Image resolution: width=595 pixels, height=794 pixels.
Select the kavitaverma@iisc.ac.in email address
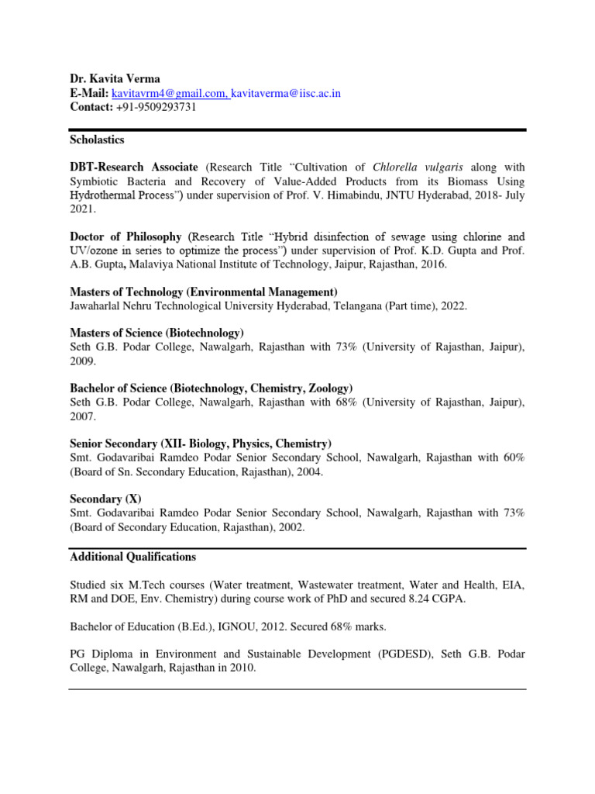pyautogui.click(x=286, y=93)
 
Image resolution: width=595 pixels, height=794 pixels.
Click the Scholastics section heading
pyautogui.click(x=97, y=140)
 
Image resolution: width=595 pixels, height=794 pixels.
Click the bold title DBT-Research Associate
pyautogui.click(x=134, y=167)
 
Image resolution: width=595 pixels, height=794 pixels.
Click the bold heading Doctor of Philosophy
pyautogui.click(x=126, y=236)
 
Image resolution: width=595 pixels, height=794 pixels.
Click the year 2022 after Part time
pyautogui.click(x=455, y=306)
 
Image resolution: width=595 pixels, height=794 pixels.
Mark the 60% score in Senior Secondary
pyautogui.click(x=513, y=457)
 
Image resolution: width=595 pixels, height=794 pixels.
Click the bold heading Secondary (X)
pyautogui.click(x=106, y=499)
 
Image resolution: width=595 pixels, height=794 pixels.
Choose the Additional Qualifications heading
pyautogui.click(x=132, y=557)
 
